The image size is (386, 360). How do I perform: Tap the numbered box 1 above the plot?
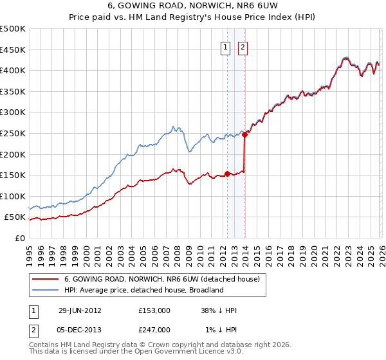click(x=226, y=46)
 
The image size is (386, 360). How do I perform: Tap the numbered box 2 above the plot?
click(x=243, y=46)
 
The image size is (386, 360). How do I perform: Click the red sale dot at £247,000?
click(x=244, y=134)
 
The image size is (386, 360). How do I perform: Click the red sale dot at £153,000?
click(x=228, y=174)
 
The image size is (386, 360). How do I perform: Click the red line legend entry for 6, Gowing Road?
click(x=161, y=279)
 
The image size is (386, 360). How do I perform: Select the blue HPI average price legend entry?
click(x=142, y=290)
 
